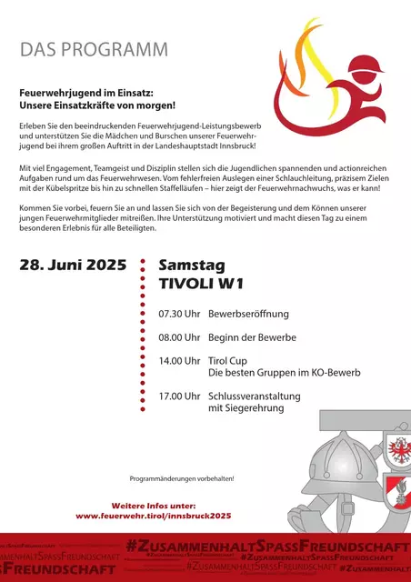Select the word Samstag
[193, 266]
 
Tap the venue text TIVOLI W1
[201, 285]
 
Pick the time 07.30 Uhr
[178, 315]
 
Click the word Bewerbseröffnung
[248, 315]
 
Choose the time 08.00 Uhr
[178, 338]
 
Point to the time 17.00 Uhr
[178, 396]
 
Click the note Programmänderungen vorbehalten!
[181, 478]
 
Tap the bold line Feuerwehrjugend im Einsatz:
[86, 93]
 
